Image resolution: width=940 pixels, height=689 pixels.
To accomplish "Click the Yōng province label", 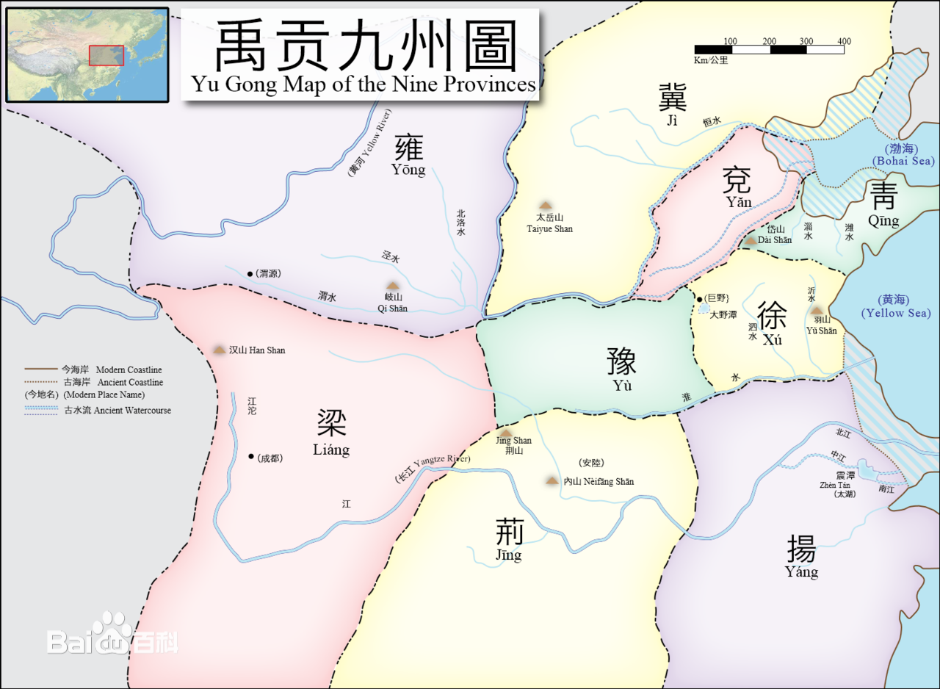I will [409, 156].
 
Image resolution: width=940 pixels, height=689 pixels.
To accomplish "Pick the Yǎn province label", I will [737, 187].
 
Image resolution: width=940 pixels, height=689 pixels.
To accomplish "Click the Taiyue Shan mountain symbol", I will [545, 206].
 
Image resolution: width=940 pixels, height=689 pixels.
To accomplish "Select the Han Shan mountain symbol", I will [219, 350].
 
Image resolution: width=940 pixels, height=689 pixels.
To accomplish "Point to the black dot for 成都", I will [251, 457].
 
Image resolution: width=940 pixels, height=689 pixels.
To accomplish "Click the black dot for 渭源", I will [250, 273].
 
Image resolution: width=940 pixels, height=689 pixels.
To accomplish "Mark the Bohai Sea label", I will [903, 155].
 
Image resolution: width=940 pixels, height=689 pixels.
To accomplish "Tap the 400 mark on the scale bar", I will [844, 41].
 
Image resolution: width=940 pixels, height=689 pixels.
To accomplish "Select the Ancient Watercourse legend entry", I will [98, 410].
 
